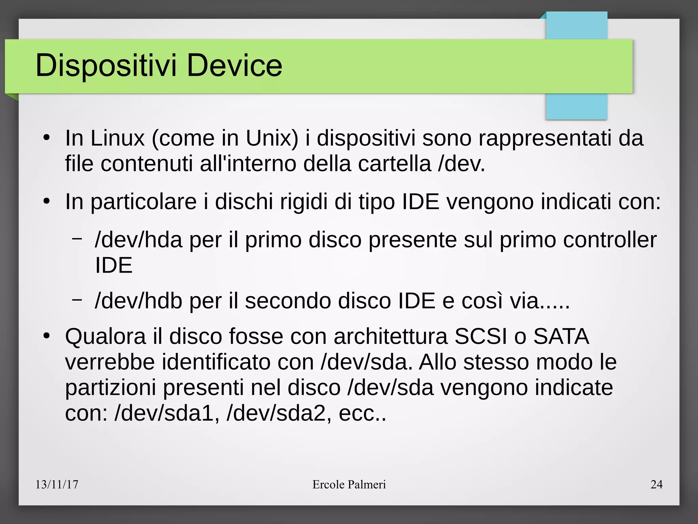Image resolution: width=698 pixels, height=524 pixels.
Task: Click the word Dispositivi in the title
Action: coord(106,65)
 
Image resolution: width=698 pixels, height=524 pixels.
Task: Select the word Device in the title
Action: coord(234,65)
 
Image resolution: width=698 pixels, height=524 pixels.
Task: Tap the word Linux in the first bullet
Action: coord(118,138)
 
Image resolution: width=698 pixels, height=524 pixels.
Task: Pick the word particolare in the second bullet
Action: coord(143,202)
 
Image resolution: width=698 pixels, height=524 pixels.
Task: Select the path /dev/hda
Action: coord(139,240)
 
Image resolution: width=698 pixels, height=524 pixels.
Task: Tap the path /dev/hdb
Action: coord(139,301)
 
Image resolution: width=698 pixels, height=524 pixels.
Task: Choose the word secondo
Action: coord(288,301)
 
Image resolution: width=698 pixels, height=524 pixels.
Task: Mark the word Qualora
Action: coord(105,336)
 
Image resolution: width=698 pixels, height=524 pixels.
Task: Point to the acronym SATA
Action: coord(561,336)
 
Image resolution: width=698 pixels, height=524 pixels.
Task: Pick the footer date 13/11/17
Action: coord(57,484)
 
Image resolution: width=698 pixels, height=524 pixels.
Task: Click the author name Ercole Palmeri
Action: coord(349,484)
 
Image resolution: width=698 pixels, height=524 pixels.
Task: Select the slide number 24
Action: coord(656,484)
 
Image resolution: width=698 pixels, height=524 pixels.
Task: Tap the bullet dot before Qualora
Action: coord(47,336)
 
